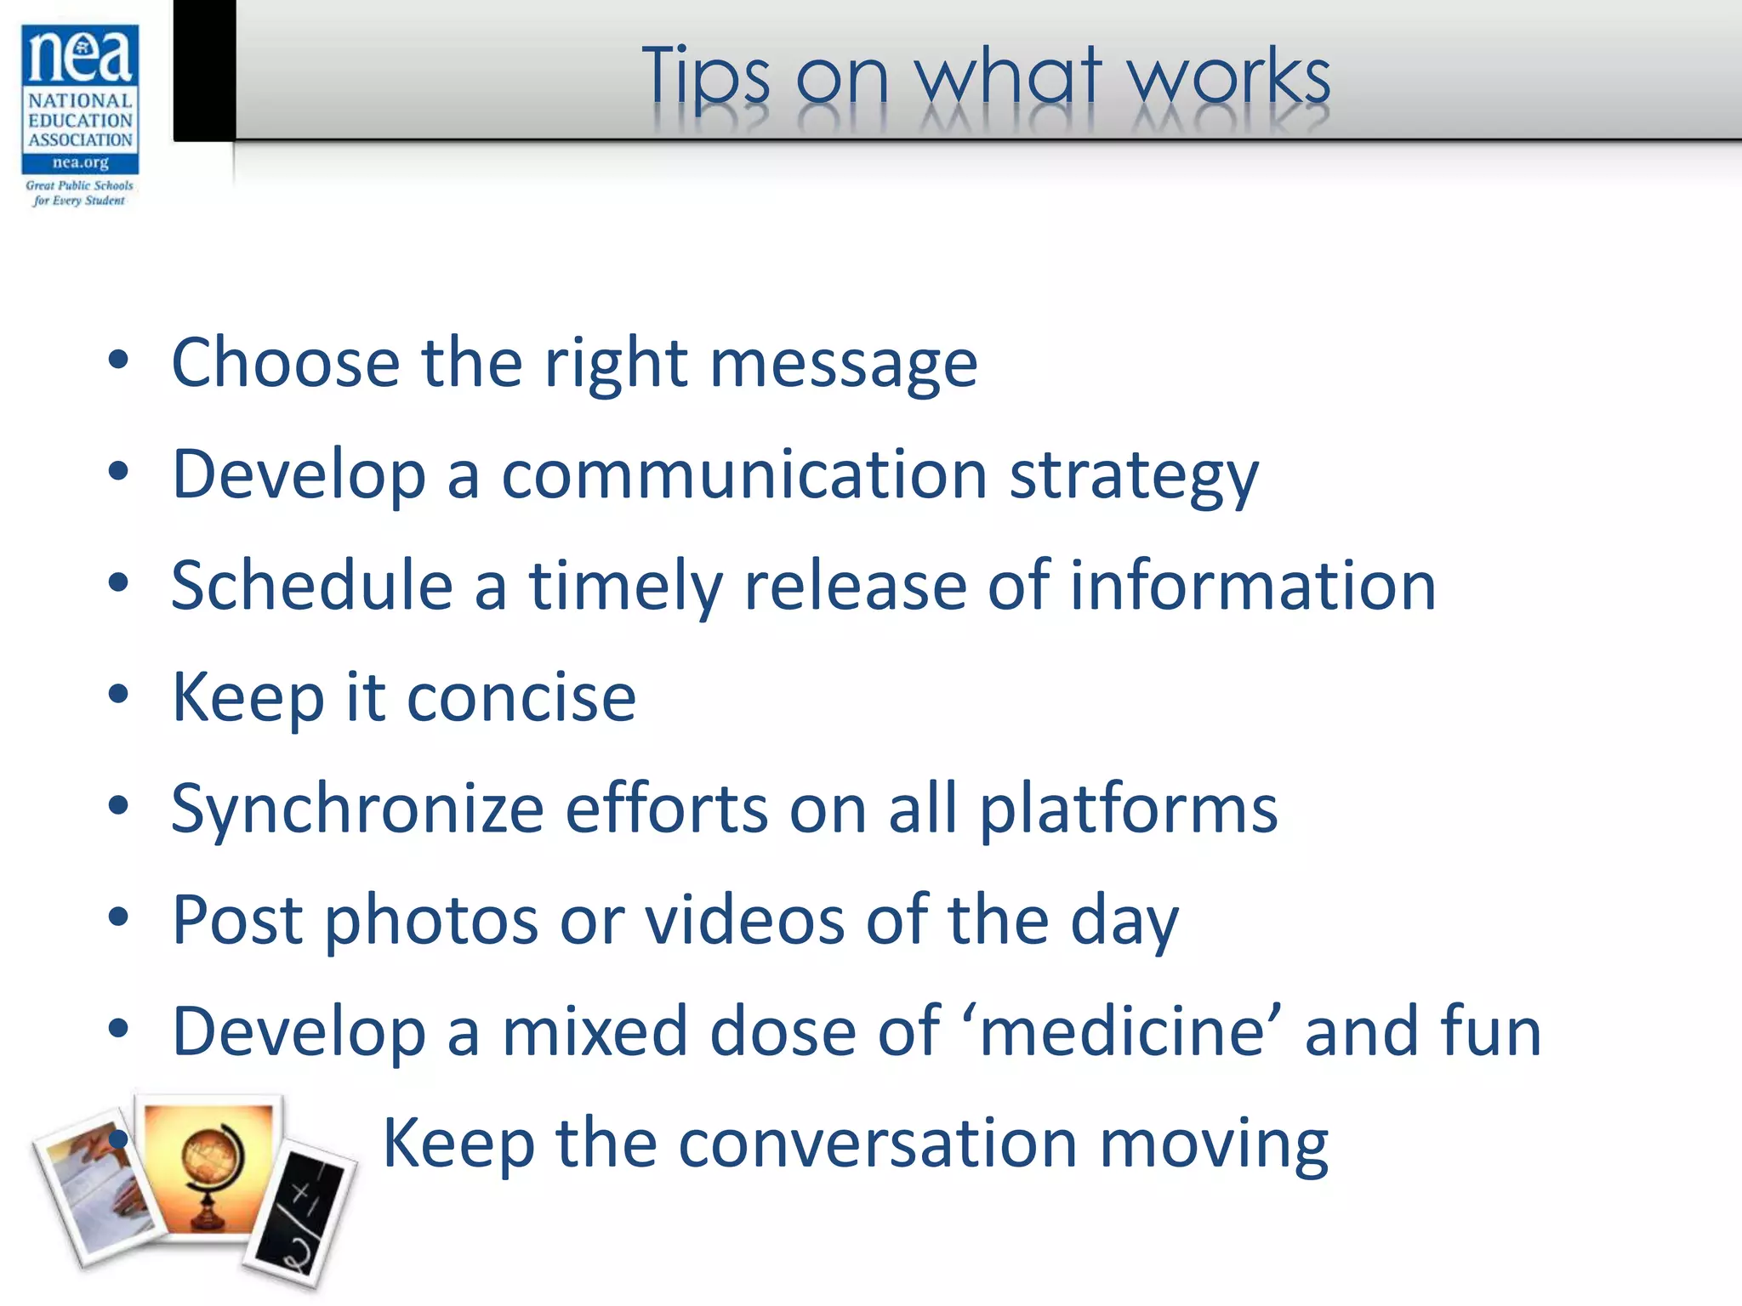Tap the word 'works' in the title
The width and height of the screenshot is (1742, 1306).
coord(1228,77)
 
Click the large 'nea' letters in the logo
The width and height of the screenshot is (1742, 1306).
coord(81,56)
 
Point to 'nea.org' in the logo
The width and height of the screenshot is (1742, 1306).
coord(81,162)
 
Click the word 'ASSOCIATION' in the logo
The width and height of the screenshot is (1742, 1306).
coord(81,139)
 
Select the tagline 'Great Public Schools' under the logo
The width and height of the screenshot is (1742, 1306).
coord(80,185)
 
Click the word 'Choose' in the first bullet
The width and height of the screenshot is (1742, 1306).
coord(286,363)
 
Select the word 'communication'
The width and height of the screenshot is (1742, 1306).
coord(744,474)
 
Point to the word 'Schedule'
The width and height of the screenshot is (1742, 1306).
coord(312,586)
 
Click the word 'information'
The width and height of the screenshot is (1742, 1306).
coord(1252,586)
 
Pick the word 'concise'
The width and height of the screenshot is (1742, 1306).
coord(521,697)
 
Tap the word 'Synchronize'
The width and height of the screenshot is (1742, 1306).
coord(357,809)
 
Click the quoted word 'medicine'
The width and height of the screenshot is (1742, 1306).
coord(1122,1031)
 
